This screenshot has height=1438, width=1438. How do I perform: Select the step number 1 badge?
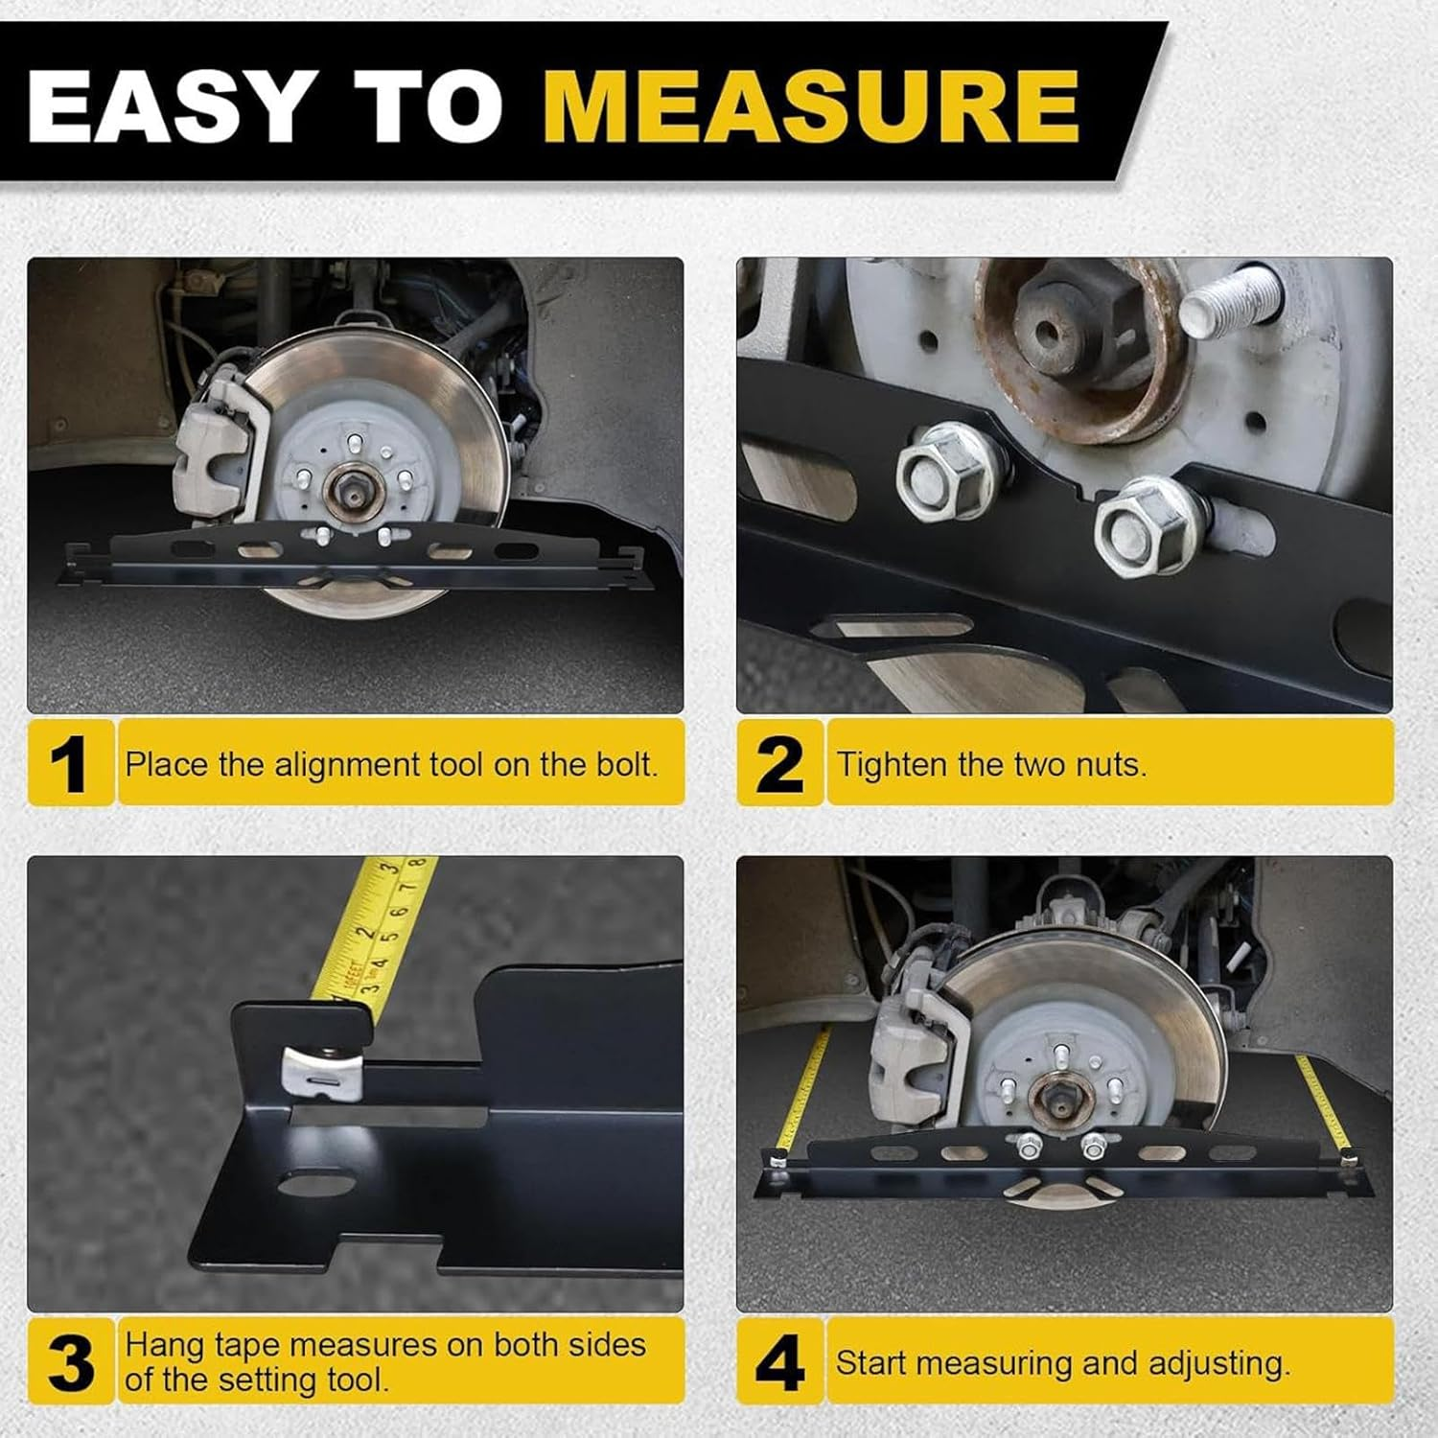pyautogui.click(x=69, y=764)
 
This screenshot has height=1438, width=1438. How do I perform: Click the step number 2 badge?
pyautogui.click(x=778, y=764)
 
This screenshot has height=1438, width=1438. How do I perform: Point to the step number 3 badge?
pyautogui.click(x=69, y=1362)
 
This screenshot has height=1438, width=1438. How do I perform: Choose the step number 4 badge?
pyautogui.click(x=778, y=1362)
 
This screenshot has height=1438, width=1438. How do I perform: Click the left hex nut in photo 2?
pyautogui.click(x=944, y=472)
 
